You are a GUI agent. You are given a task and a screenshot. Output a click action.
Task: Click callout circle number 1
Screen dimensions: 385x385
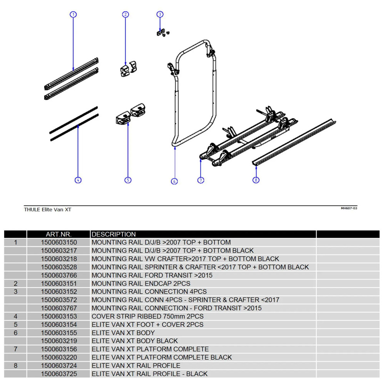[x=73, y=15]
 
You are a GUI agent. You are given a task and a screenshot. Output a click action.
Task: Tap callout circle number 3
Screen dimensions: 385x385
[x=160, y=15]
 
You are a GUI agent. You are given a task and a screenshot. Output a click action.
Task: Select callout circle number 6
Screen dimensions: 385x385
[x=174, y=181]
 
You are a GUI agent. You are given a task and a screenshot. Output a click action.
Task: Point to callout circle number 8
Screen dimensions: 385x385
[x=256, y=180]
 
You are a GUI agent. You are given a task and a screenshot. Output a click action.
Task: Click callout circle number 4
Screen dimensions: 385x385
[x=78, y=180]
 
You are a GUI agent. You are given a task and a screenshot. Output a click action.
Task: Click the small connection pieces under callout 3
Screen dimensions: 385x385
[x=162, y=33]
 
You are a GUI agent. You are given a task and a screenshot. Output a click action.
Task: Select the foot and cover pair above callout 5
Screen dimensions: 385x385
[x=130, y=114]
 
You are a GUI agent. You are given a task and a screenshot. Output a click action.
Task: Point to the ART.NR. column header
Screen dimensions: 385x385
[x=59, y=234]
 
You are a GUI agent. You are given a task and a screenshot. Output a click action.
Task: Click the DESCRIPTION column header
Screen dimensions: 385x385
[x=114, y=234]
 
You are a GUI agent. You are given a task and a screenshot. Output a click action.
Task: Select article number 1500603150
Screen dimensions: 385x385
[x=59, y=243]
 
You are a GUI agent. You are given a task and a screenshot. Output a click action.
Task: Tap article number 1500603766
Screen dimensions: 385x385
[x=59, y=275]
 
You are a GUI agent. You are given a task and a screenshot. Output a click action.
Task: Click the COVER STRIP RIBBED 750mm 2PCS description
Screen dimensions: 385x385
[x=147, y=316]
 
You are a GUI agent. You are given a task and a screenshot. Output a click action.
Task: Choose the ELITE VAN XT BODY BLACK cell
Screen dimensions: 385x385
[x=134, y=341]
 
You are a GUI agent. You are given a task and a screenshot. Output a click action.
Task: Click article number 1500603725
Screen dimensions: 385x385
[x=59, y=373]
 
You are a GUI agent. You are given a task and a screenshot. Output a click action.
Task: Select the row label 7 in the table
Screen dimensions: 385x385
[x=15, y=349]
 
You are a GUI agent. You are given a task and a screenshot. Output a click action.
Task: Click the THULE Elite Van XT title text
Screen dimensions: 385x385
[x=47, y=209]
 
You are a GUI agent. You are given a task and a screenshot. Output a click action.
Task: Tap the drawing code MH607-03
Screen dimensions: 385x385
[x=349, y=208]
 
